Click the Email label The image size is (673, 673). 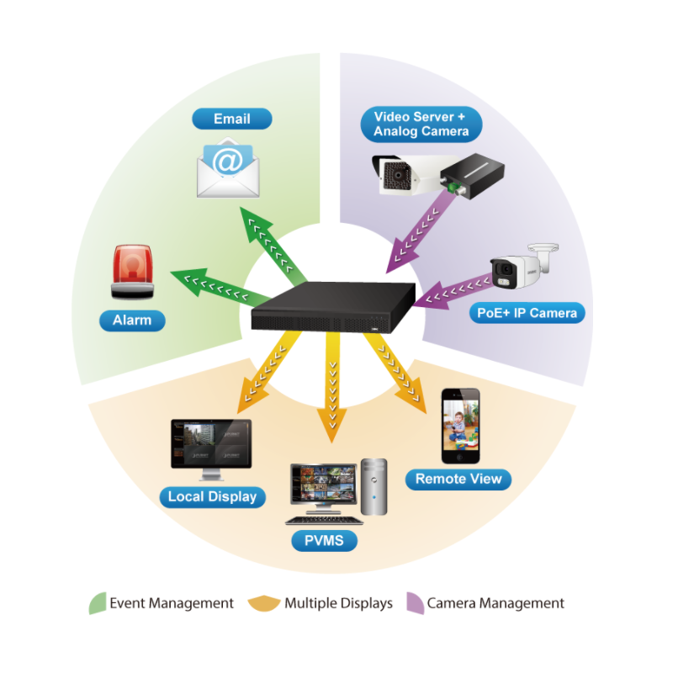[232, 119]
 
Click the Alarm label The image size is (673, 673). [132, 321]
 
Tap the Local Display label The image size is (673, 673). [212, 496]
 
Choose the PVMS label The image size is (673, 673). [324, 540]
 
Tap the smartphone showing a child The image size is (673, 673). [460, 426]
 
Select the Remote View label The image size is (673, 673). [458, 480]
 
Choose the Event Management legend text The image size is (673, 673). [172, 603]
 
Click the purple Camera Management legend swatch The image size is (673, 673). [415, 603]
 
